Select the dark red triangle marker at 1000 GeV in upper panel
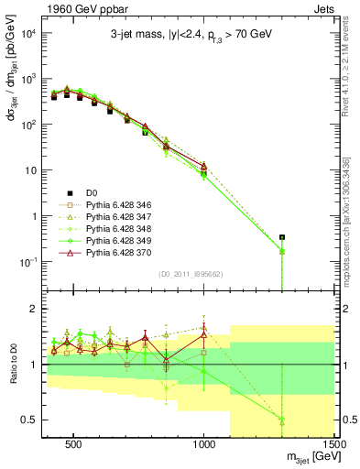click(203, 166)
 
